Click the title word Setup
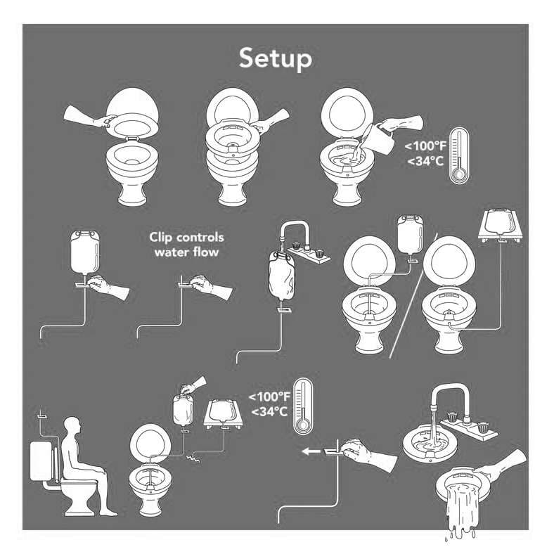coord(275,59)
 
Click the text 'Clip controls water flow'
coord(186,244)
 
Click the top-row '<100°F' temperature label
coord(425,147)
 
